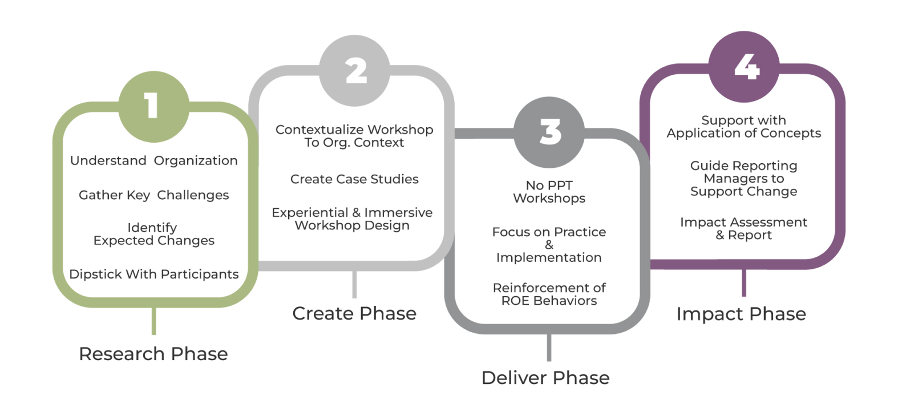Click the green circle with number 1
coord(154,107)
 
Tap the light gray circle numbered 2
coord(354,71)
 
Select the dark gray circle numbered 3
coord(549,132)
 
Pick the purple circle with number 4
coord(744,67)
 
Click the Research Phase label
coord(153,354)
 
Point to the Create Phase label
coord(354,313)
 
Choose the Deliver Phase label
coord(545,378)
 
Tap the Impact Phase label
coord(741,314)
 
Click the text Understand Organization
coord(154,160)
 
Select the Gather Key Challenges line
coord(154,195)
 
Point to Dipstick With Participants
coord(154,274)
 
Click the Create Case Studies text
coord(354,179)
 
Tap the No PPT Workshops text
coord(549,192)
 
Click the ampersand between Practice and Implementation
coord(549,245)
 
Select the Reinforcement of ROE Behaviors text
coord(549,294)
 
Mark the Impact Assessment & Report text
coord(743,228)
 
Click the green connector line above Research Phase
coord(154,321)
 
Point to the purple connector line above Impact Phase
coord(744,283)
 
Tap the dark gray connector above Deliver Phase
coord(549,348)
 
